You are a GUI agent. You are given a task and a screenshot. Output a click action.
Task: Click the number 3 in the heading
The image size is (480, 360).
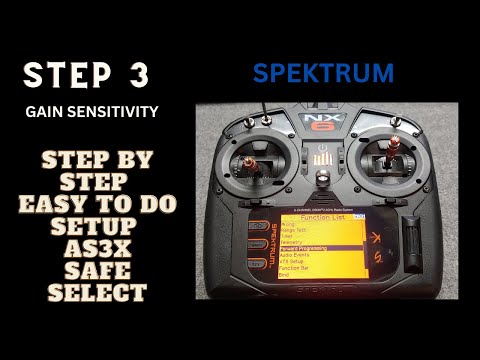pyautogui.click(x=144, y=75)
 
